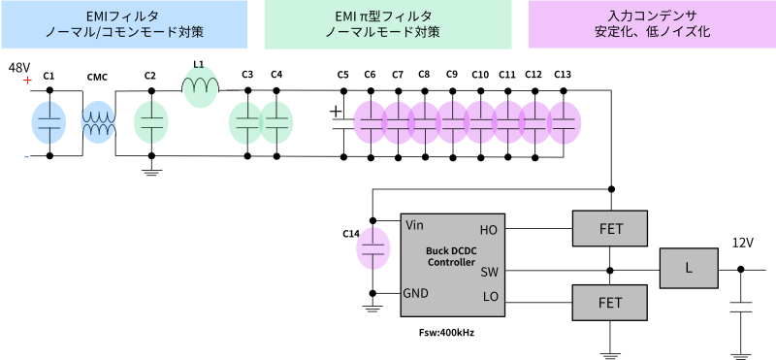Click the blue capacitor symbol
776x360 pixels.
pos(48,122)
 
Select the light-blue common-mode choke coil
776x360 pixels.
pos(99,122)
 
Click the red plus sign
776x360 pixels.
pos(27,80)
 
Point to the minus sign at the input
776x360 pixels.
pos(26,157)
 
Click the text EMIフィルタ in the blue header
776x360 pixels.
pos(123,16)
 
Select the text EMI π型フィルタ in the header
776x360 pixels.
pos(388,16)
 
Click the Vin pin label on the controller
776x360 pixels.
pos(414,225)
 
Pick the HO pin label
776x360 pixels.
pos(488,230)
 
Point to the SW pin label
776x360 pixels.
pos(489,272)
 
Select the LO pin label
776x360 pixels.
pos(490,296)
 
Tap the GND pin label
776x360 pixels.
pos(416,293)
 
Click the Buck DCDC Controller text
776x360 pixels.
pos(451,256)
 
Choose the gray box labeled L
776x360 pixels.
pos(689,268)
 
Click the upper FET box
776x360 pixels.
pos(610,229)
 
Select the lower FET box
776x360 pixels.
pos(610,303)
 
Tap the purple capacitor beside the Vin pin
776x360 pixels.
pos(373,247)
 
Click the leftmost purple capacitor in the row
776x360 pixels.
pos(370,122)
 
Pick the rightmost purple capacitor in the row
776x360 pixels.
pos(565,122)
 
